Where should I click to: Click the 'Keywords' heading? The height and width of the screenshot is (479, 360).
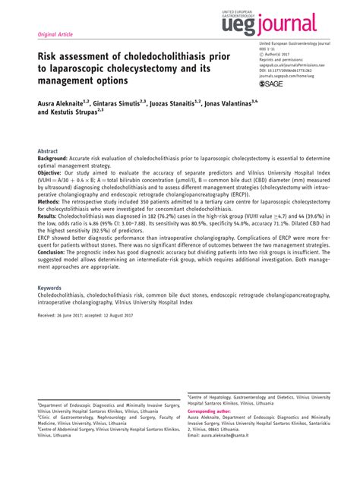(50, 267)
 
